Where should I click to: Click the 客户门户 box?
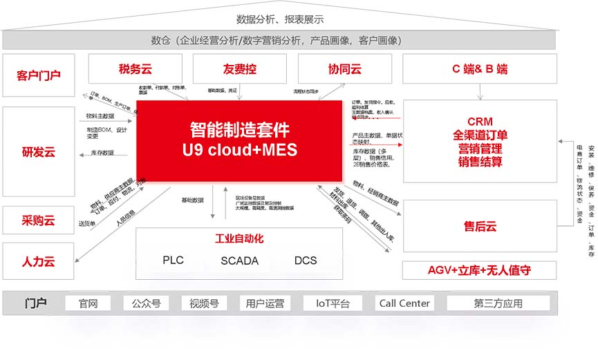pyautogui.click(x=39, y=75)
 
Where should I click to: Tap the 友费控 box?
pyautogui.click(x=239, y=69)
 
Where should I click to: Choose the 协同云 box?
pyautogui.click(x=344, y=69)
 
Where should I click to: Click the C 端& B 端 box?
pyautogui.click(x=480, y=69)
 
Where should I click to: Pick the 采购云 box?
pyautogui.click(x=39, y=220)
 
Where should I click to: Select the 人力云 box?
pyautogui.click(x=39, y=261)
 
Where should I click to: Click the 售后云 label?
pyautogui.click(x=480, y=226)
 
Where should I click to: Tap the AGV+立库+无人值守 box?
pyautogui.click(x=480, y=270)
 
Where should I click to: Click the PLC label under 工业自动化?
pyautogui.click(x=173, y=260)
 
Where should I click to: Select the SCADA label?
pyautogui.click(x=239, y=260)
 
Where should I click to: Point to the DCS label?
pyautogui.click(x=306, y=260)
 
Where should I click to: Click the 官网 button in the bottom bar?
pyautogui.click(x=88, y=303)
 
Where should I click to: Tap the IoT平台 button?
pyautogui.click(x=333, y=303)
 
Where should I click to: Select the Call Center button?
pyautogui.click(x=404, y=303)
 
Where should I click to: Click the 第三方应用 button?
pyautogui.click(x=498, y=303)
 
